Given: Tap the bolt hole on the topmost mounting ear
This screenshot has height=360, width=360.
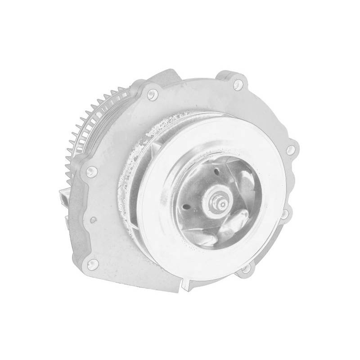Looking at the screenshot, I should point(238,83).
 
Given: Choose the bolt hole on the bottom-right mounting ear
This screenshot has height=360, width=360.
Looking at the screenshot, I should point(246,270).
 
